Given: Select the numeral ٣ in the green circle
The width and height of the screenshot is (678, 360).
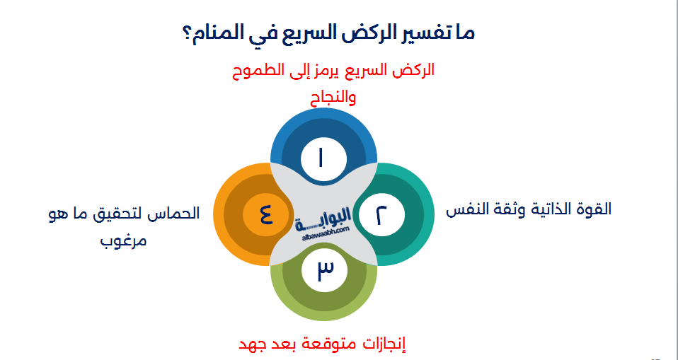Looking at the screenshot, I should (x=324, y=270).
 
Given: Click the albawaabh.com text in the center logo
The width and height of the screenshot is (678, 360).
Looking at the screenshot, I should (x=325, y=231).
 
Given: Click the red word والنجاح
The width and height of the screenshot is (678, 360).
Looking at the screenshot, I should (x=333, y=97).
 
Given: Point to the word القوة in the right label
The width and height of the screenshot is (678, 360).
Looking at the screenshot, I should (x=594, y=210).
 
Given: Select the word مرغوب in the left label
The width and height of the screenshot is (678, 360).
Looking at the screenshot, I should (x=125, y=240).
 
